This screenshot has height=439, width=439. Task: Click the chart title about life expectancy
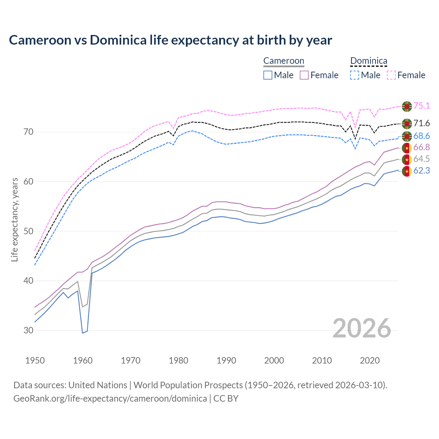(x=170, y=40)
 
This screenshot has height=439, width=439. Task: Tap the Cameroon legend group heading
(x=284, y=61)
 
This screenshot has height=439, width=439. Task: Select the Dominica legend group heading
(x=369, y=61)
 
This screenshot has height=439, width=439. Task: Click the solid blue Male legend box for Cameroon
(x=268, y=75)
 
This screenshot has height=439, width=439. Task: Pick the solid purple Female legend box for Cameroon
(x=304, y=75)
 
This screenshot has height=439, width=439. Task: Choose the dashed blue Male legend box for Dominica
(x=355, y=75)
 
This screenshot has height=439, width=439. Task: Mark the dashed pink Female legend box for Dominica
(x=391, y=75)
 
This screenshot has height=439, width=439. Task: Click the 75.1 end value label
(x=422, y=106)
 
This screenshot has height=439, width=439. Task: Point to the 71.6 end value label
(x=422, y=123)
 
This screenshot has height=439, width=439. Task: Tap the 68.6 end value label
(x=422, y=136)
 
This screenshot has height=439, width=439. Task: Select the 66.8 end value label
(x=422, y=147)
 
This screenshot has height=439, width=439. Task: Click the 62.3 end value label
(x=422, y=170)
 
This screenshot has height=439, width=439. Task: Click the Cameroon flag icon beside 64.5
(x=407, y=159)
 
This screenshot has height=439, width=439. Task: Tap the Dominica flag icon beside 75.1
(x=407, y=106)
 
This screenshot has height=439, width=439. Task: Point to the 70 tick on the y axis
(x=28, y=132)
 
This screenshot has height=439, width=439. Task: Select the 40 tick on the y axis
(x=28, y=281)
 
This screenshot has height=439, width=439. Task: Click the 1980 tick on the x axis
(x=178, y=360)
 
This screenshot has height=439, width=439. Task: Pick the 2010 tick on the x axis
(x=322, y=360)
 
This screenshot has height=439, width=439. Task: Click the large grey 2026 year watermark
(x=362, y=328)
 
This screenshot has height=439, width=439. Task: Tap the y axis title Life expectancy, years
(x=14, y=219)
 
